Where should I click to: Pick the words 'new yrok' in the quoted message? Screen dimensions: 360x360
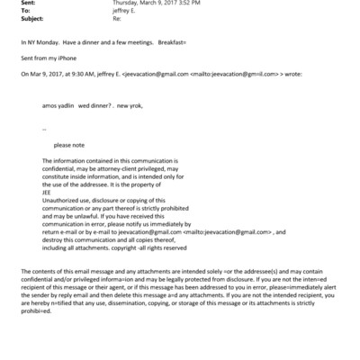pyautogui.click(x=121, y=130)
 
